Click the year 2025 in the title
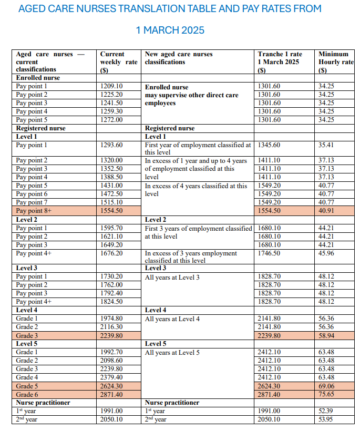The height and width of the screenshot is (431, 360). coord(190,30)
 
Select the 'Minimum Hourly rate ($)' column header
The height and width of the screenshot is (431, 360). coord(336,62)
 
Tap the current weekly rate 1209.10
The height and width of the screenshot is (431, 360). coord(111,86)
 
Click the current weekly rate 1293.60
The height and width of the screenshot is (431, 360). coord(111,145)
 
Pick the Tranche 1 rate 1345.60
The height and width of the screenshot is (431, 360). coord(269,145)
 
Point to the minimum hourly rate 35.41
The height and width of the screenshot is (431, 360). coord(326,145)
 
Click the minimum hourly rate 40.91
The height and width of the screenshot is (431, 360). coord(326,211)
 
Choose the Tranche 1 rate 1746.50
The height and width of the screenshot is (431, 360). coord(269,253)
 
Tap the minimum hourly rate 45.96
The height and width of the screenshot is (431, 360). coord(326,253)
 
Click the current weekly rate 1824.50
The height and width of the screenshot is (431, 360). coord(111,302)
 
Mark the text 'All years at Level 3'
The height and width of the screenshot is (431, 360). coord(172,277)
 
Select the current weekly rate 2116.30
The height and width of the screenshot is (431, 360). coord(111,327)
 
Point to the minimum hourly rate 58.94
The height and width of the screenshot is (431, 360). coord(326,335)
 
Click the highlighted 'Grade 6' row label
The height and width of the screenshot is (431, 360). coord(27,394)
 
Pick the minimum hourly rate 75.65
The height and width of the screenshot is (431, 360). coord(326,394)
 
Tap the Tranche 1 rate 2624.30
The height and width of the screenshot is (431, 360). coord(269,386)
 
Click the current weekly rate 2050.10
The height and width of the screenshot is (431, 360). coord(111,419)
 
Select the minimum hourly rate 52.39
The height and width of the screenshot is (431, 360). coord(326,411)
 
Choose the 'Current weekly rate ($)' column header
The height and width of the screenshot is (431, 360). coord(119,62)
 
